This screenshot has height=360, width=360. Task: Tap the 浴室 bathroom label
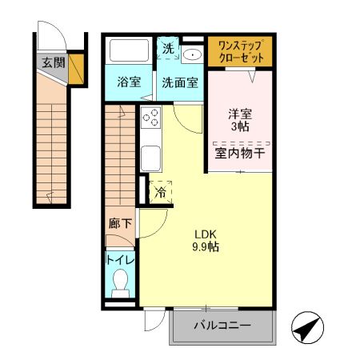click(x=129, y=82)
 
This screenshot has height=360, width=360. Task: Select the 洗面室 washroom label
click(x=180, y=82)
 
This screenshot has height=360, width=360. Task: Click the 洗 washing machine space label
click(x=167, y=49)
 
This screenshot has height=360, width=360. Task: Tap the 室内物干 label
click(x=239, y=152)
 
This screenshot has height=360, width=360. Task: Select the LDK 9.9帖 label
click(x=206, y=240)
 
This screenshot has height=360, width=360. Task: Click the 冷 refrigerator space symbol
click(x=160, y=192)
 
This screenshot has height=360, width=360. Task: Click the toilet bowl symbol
click(x=120, y=282)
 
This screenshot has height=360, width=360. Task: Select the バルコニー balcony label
click(x=223, y=326)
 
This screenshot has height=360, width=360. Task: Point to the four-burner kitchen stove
click(x=151, y=118)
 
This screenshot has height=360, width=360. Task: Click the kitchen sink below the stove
click(x=150, y=156)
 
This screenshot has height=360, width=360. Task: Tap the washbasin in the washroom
click(x=192, y=54)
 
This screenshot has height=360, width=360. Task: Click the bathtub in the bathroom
click(x=130, y=52)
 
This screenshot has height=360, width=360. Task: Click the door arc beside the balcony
click(x=152, y=322)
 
